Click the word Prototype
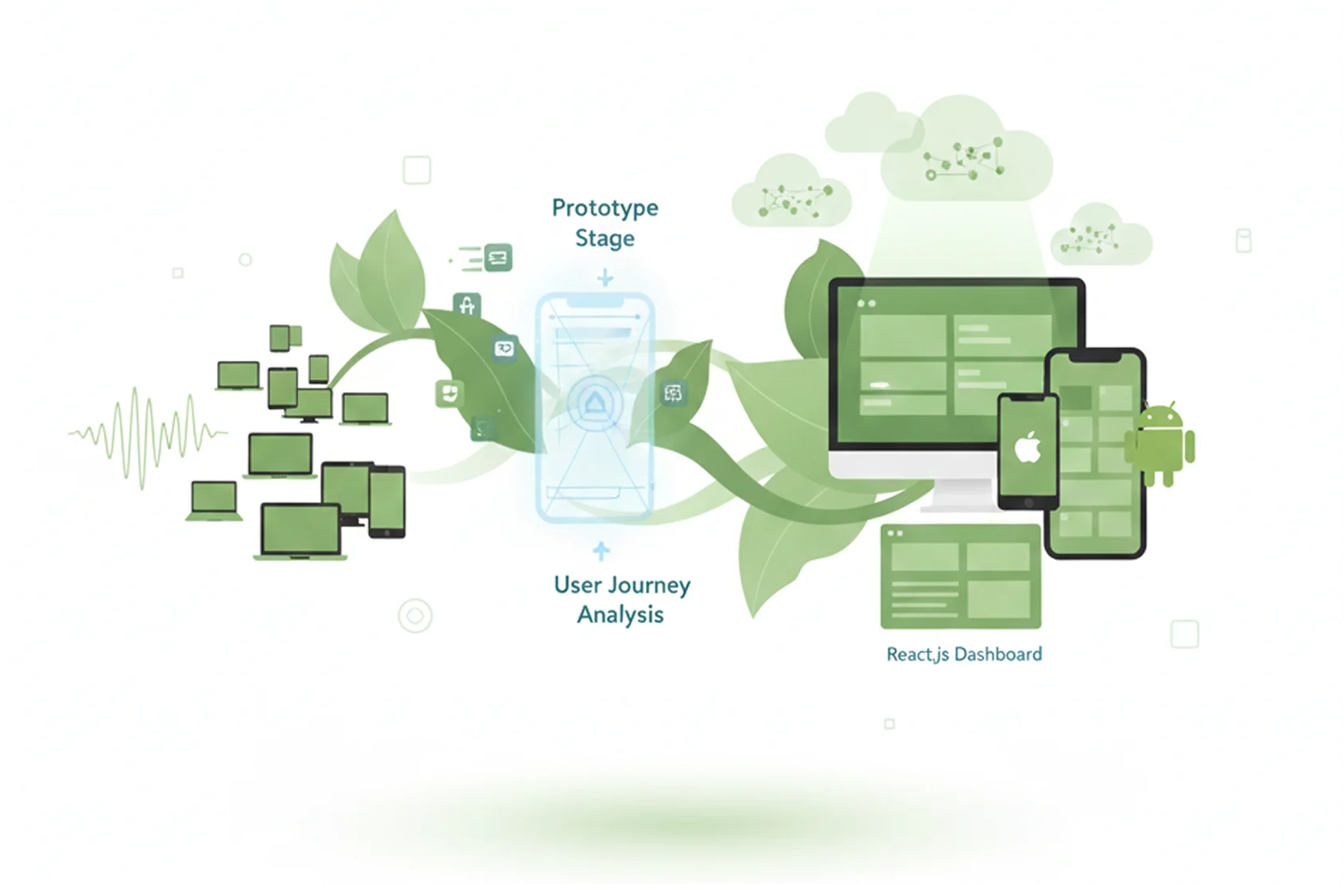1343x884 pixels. pos(604,208)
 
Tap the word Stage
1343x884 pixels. pos(604,239)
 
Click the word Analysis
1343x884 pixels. pos(620,615)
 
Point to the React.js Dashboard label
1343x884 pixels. pos(964,655)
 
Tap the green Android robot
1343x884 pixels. pos(1160,443)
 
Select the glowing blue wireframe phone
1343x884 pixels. pos(596,407)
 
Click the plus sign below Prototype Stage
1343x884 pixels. pos(605,278)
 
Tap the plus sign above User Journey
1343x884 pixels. pos(601,551)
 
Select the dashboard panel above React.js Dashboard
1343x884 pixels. pos(961,576)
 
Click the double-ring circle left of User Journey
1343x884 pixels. pos(415,616)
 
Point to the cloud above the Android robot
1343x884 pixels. pos(1100,236)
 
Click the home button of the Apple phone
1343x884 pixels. pos(1028,502)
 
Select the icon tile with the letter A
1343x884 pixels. pos(467,304)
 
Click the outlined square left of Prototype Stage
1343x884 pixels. pos(417,170)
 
